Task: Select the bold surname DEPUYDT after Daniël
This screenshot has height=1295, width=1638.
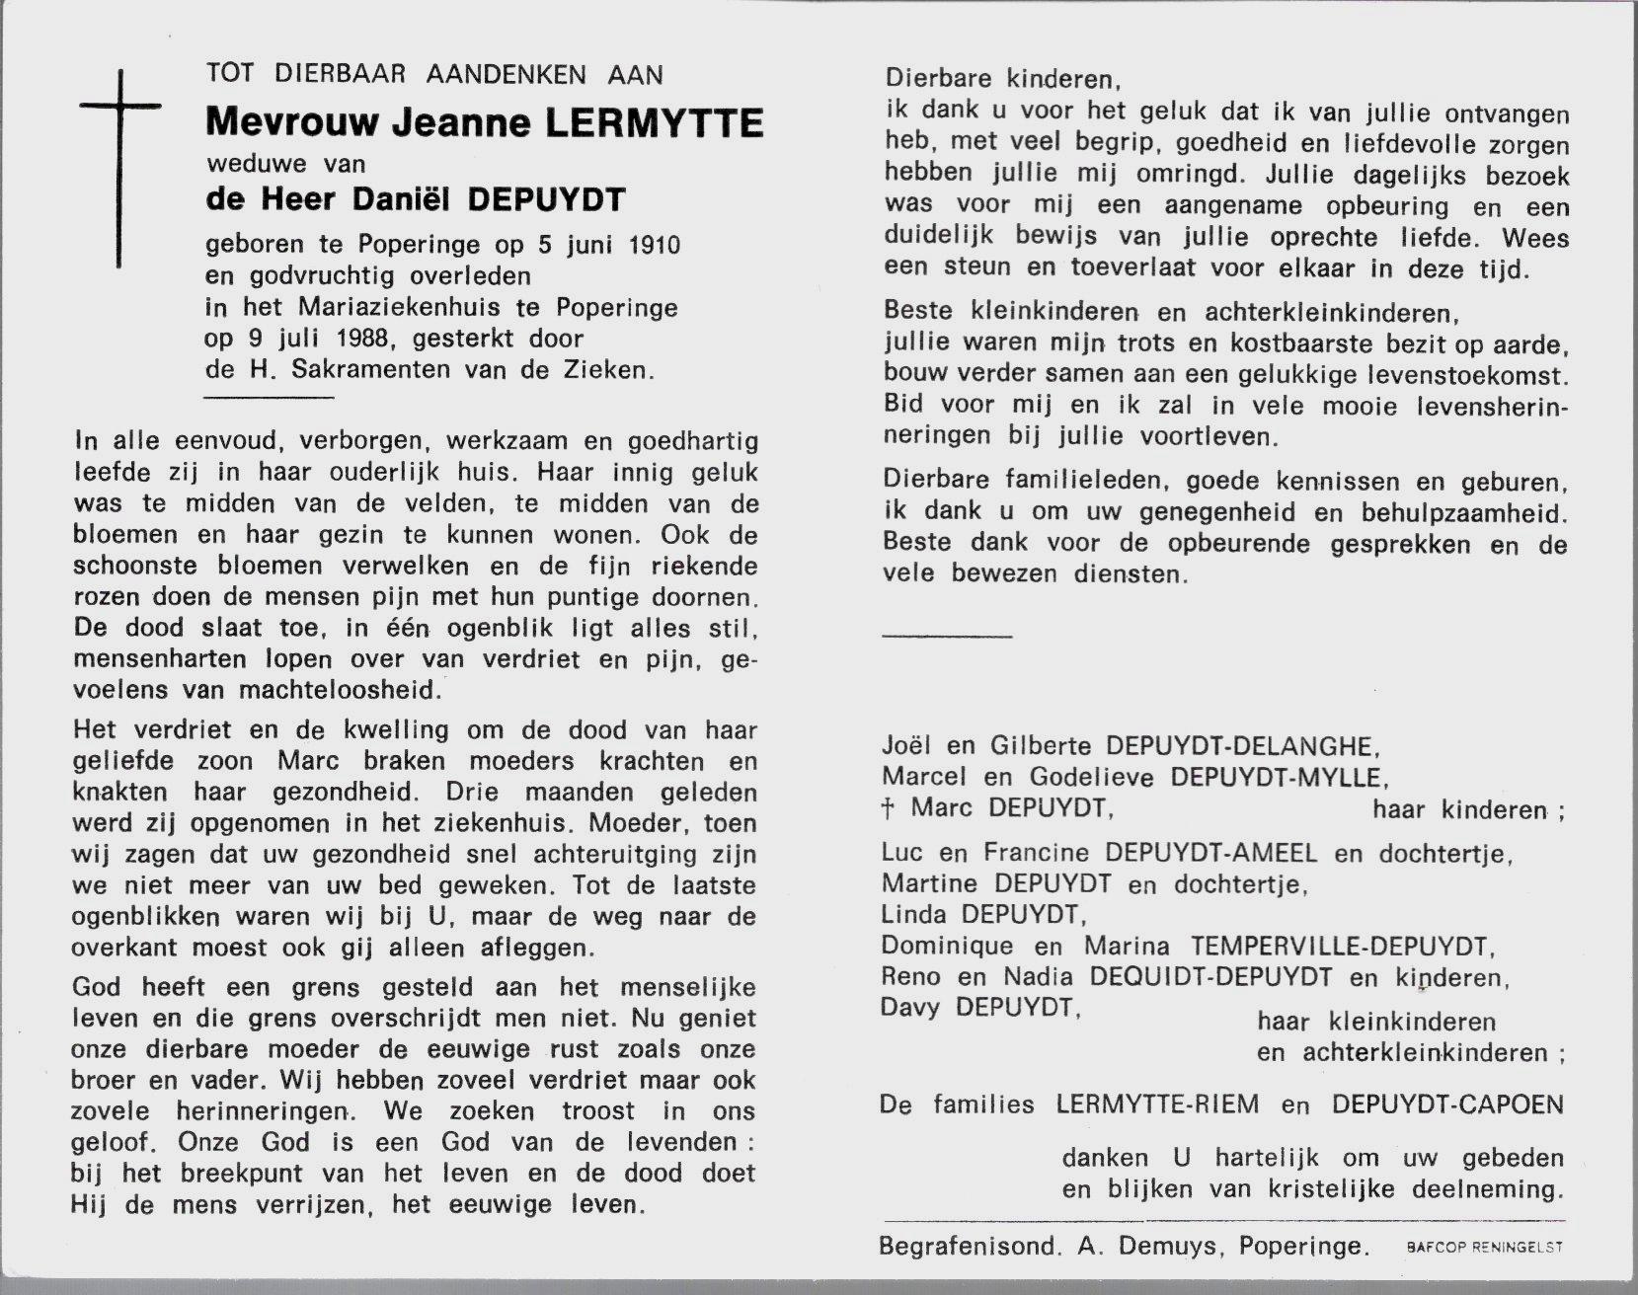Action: pyautogui.click(x=545, y=200)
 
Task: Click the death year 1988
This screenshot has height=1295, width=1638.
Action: pyautogui.click(x=360, y=339)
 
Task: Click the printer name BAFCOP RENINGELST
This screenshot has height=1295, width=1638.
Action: pyautogui.click(x=1484, y=1248)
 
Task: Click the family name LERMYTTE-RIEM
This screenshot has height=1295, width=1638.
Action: pyautogui.click(x=1156, y=1105)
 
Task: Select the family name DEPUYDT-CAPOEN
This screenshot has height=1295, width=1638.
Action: pyautogui.click(x=1446, y=1105)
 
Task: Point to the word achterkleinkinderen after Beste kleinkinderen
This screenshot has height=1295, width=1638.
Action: pyautogui.click(x=1328, y=314)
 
